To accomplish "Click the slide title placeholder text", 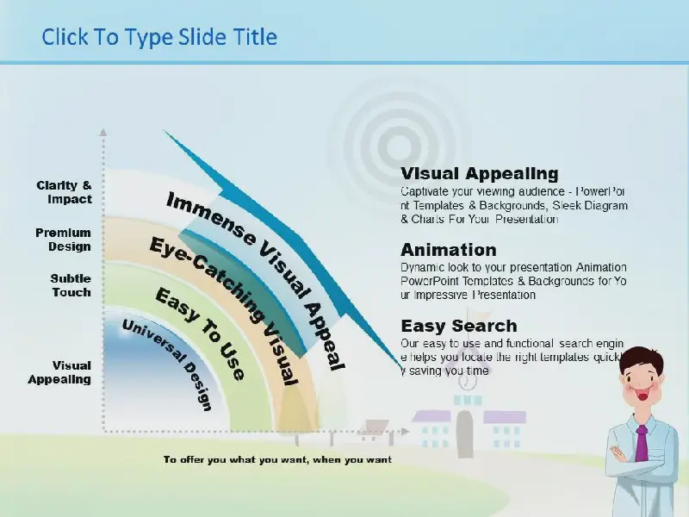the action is point(159,37).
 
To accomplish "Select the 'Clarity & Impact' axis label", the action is point(64,192).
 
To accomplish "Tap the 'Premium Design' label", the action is point(63,240).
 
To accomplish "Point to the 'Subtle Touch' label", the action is point(71,285).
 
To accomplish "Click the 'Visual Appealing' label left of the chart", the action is point(59,372).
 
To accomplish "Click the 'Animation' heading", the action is point(449,250).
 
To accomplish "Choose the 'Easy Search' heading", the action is point(459,327).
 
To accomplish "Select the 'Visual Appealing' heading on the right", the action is point(480,173).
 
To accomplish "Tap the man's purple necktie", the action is point(642,443).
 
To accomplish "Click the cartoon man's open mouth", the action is point(642,396).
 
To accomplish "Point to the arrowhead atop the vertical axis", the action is point(103,132).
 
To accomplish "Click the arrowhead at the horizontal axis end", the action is point(405,432).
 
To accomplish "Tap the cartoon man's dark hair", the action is point(642,359).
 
